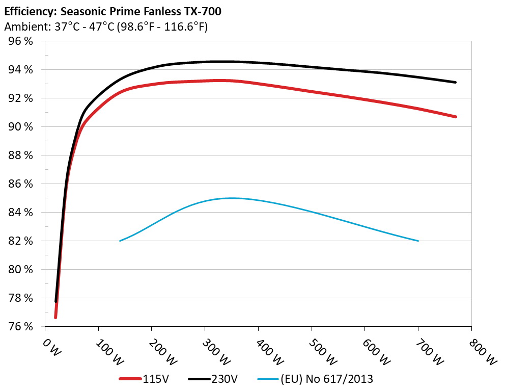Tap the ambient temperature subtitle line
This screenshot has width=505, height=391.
click(x=105, y=27)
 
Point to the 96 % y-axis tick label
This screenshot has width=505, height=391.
click(x=20, y=41)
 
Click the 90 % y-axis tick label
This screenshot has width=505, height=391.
click(x=20, y=126)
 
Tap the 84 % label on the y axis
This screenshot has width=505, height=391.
click(x=20, y=212)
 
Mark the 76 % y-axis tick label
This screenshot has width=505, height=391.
click(x=20, y=326)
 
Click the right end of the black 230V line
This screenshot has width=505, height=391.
click(x=456, y=82)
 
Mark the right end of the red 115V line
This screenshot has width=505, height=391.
click(x=456, y=117)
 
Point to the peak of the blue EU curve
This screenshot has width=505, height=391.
click(x=232, y=198)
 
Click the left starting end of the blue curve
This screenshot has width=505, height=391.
click(x=120, y=241)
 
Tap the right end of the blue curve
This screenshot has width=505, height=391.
click(x=418, y=241)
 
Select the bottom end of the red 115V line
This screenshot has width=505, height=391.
click(x=55, y=318)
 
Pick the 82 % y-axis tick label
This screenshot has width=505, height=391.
click(x=20, y=241)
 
